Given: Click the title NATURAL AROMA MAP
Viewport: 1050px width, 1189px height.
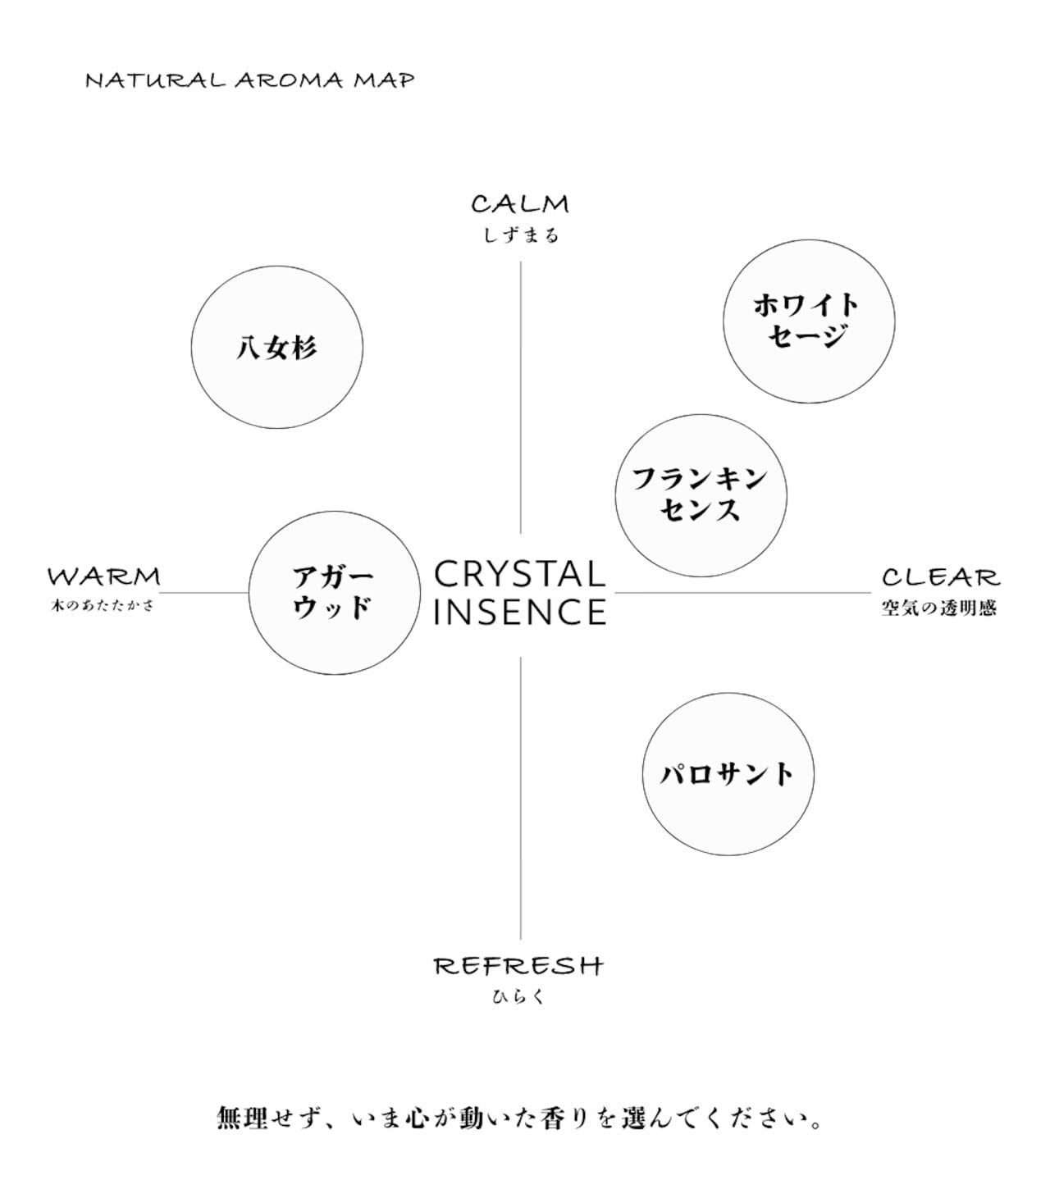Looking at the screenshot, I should [249, 80].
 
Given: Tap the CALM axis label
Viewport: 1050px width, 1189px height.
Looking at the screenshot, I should [520, 203].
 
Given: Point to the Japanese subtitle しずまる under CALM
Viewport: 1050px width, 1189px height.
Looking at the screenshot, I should [520, 236].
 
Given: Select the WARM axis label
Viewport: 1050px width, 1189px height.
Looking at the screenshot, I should [104, 576].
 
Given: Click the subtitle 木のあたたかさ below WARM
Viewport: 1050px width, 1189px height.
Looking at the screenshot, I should [103, 607].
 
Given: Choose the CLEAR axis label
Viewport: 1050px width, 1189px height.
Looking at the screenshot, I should [941, 577].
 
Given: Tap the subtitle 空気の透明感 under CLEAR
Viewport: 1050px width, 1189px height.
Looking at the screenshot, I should [939, 608].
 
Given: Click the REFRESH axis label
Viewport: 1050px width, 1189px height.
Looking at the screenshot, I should [518, 966].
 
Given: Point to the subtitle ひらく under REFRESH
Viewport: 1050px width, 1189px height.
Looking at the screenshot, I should [518, 997].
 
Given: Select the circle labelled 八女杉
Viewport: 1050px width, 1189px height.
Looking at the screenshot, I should [276, 348].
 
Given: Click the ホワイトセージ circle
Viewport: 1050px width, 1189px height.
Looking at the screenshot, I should [809, 321].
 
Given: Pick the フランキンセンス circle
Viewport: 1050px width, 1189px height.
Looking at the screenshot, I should [701, 494].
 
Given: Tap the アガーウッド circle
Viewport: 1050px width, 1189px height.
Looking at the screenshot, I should [334, 593].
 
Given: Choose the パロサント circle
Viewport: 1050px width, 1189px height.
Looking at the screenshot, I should [728, 775].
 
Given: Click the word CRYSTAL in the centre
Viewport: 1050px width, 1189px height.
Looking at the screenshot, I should [519, 574].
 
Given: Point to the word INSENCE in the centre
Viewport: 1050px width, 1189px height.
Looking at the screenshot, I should [519, 612].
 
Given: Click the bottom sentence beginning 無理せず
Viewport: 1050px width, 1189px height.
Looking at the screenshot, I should [519, 1118].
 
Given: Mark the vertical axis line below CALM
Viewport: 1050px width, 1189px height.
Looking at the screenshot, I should [521, 394].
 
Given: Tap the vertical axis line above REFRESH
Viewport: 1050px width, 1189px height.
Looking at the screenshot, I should [521, 795].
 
